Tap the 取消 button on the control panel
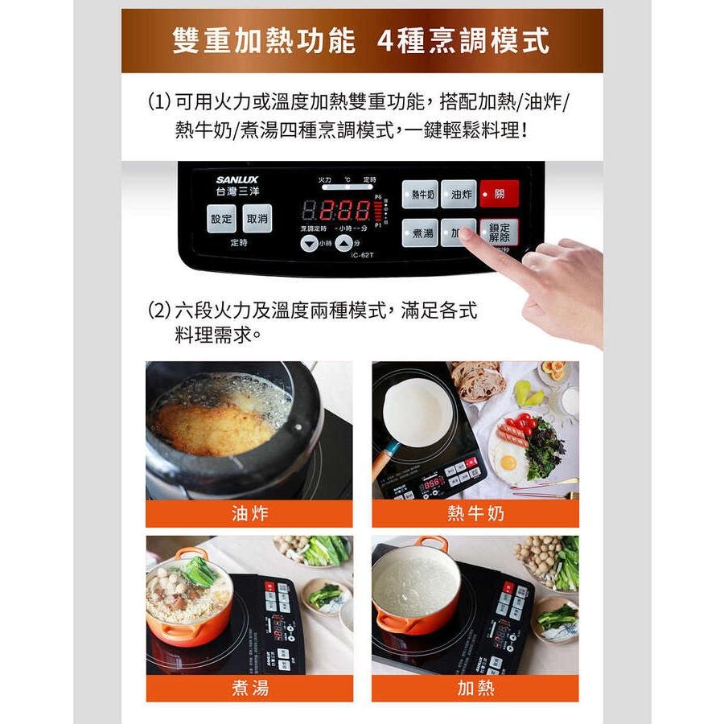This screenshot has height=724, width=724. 257,218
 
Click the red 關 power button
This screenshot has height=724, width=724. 499,194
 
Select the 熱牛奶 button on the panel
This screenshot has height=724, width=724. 420,194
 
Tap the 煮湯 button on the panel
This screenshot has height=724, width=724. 420,232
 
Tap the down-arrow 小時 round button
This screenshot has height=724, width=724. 310,244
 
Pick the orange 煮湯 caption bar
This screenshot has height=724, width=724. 249,688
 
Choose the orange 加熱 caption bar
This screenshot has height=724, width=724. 475,688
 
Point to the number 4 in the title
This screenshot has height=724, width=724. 387,40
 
